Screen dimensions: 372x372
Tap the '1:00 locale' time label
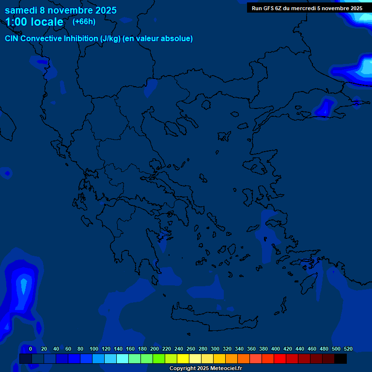[x=34, y=22]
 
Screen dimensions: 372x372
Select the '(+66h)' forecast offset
[x=84, y=21]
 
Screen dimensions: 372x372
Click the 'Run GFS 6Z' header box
[x=307, y=8]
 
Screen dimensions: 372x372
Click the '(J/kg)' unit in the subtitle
[x=110, y=39]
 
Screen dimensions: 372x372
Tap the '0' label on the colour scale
[x=31, y=349]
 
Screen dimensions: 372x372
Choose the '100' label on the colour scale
[x=93, y=349]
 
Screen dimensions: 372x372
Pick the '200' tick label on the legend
[x=155, y=349]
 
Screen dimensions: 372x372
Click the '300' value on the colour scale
[x=215, y=349]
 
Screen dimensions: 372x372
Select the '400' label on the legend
[x=276, y=349]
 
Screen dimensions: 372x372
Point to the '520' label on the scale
[x=348, y=349]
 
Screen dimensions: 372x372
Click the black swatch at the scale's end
[x=341, y=358]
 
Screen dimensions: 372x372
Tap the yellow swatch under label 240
[x=183, y=358]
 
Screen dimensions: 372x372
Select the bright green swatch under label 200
[x=158, y=358]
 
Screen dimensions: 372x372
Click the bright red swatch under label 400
[x=279, y=358]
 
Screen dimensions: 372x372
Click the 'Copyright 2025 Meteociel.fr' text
[x=205, y=369]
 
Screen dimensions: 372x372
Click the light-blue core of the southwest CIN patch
[x=23, y=286]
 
